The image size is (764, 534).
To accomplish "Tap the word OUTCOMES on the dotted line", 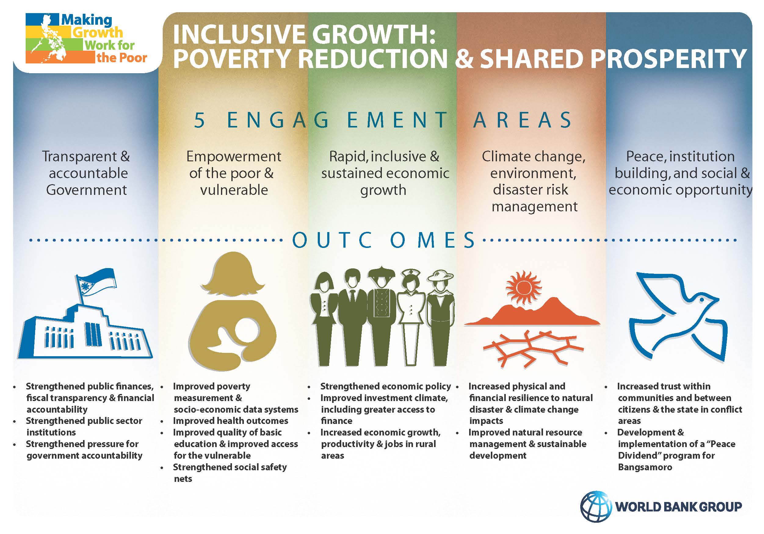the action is (384, 240).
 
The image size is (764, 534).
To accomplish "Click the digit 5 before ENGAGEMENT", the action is (199, 120).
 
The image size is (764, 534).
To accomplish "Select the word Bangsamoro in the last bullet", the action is (645, 467).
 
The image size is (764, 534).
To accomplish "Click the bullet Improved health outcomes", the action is (230, 421).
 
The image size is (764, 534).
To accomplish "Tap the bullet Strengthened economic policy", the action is (385, 386).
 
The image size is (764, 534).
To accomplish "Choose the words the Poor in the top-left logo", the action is (122, 58).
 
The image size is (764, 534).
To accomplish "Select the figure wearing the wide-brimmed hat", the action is (440, 318).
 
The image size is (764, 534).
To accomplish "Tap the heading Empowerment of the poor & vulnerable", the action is (234, 173).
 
